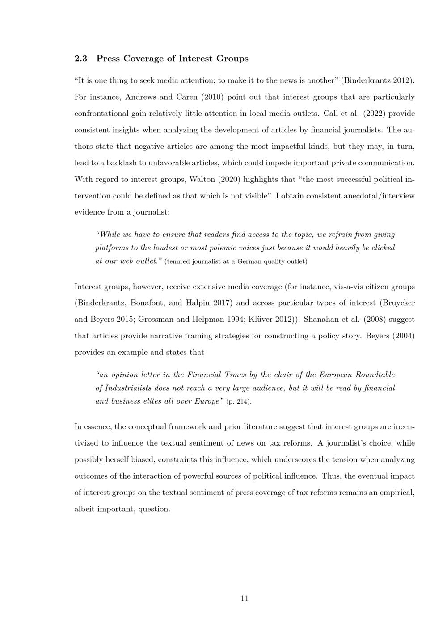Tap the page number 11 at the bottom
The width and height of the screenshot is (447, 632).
pyautogui.click(x=245, y=598)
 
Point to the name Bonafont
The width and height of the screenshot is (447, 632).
pyautogui.click(x=148, y=303)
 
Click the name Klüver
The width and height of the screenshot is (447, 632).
pyautogui.click(x=267, y=320)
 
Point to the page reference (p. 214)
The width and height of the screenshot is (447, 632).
pyautogui.click(x=239, y=402)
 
